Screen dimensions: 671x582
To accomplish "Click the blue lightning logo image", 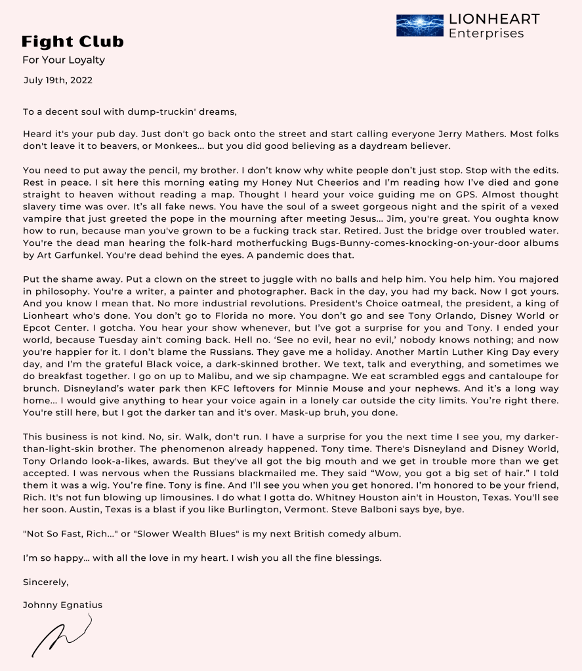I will click(x=420, y=26).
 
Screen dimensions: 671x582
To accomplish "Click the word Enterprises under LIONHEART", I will click(x=486, y=33).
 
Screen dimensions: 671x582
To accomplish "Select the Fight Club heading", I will click(x=72, y=42).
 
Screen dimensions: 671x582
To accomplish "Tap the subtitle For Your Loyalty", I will click(x=64, y=60).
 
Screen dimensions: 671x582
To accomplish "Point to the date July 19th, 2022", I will click(x=58, y=81).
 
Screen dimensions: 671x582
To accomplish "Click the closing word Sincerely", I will click(x=45, y=582).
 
